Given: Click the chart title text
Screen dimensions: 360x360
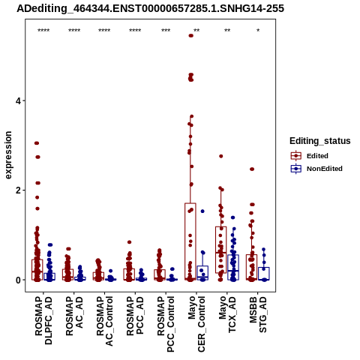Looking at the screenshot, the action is [150, 9].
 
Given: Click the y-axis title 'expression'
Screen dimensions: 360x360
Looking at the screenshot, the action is [8, 155].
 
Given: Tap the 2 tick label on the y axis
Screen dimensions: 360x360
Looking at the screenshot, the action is [19, 190].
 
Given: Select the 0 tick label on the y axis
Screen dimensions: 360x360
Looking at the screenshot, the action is [19, 280].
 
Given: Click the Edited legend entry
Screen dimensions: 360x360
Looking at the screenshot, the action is [309, 156].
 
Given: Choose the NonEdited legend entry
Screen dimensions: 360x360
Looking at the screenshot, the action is [316, 169].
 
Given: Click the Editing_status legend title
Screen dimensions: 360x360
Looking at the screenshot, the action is [320, 141].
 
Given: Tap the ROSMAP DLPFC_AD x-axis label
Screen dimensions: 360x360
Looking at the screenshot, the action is [43, 320].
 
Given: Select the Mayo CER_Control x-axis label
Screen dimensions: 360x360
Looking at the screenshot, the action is [196, 324].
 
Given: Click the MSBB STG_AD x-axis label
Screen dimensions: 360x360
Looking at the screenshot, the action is [258, 314].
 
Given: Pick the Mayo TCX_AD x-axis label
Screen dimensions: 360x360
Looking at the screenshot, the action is [227, 314].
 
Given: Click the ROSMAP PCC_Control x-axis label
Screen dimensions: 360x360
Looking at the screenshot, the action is [166, 324].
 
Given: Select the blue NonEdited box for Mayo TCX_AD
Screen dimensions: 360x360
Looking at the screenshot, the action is [233, 267].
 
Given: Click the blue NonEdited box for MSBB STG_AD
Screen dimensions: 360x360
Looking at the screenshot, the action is [264, 274].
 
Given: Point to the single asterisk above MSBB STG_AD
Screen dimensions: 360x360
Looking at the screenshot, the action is [258, 31].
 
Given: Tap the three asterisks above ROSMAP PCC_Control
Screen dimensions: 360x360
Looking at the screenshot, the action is [166, 31].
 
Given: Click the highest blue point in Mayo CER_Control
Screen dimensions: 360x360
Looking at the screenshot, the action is [202, 211].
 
